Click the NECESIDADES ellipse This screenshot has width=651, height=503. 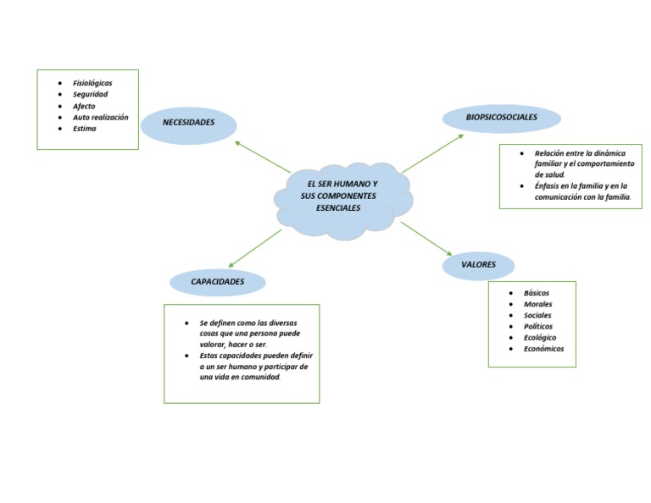pos(188,124)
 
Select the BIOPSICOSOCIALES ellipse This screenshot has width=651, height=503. pos(502,118)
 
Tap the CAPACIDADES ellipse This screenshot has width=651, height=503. pos(218,281)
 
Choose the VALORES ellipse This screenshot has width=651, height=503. pos(479,265)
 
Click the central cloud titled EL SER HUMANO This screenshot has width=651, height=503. pos(342,197)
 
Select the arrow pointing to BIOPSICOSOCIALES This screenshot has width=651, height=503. pos(432,153)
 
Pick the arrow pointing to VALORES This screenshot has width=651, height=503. pos(427,238)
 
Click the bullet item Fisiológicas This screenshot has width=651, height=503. pos(92,83)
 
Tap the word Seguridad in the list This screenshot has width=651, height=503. pos(90,94)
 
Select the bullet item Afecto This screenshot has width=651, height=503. pos(84,106)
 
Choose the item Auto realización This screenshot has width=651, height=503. pos(100,117)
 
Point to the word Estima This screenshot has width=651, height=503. pos(85,129)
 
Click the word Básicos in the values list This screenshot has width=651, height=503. pos(537,293)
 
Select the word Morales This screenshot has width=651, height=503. pos(538,304)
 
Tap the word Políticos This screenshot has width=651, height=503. pos(538,326)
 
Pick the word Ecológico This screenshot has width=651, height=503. pos(540,337)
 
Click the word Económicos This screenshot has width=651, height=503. pos(543,349)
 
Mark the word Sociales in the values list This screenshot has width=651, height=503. pos(537,315)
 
